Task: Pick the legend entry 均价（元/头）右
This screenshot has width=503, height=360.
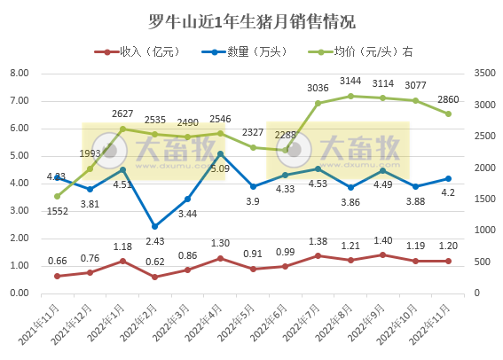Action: (x=365, y=51)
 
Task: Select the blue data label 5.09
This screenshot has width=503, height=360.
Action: (x=221, y=168)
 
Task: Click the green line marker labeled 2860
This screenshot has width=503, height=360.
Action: (x=448, y=113)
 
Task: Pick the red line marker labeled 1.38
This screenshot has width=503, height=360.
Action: (x=318, y=255)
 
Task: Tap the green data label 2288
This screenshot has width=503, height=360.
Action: (x=286, y=135)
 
